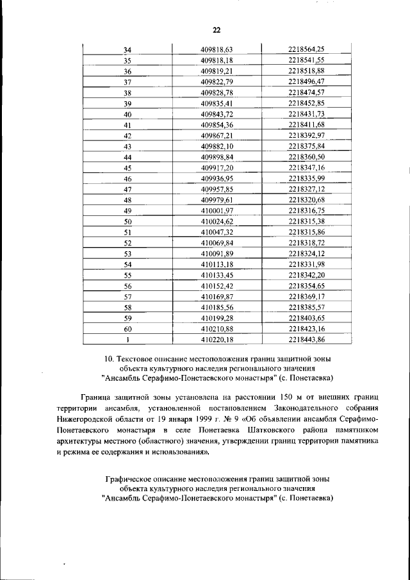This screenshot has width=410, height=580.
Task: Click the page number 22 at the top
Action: pyautogui.click(x=216, y=30)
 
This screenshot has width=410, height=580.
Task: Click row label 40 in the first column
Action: pyautogui.click(x=127, y=114)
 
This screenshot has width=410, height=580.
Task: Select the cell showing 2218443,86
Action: pyautogui.click(x=306, y=340)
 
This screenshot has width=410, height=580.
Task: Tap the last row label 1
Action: pyautogui.click(x=127, y=340)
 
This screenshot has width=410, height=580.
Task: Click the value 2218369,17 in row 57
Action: pyautogui.click(x=306, y=297)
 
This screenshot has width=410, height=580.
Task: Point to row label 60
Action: pyautogui.click(x=127, y=329)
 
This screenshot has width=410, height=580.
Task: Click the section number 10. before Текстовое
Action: pyautogui.click(x=109, y=359)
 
